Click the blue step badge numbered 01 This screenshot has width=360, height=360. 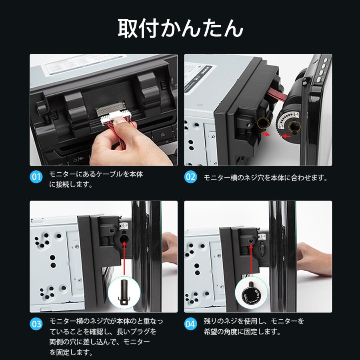pyautogui.click(x=36, y=177)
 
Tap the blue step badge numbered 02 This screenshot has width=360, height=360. pyautogui.click(x=190, y=177)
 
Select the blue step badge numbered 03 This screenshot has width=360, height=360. pyautogui.click(x=36, y=324)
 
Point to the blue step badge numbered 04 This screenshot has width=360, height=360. pyautogui.click(x=190, y=324)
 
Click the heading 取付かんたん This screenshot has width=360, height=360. pyautogui.click(x=180, y=28)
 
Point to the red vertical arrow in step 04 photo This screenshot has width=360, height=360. pyautogui.click(x=251, y=259)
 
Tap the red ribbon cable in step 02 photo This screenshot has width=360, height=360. pyautogui.click(x=277, y=94)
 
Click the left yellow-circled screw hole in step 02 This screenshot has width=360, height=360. pyautogui.click(x=263, y=124)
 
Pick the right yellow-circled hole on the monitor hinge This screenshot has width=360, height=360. pyautogui.click(x=294, y=126)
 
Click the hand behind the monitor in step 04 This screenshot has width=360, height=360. pyautogui.click(x=314, y=258)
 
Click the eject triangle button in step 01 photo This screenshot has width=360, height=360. pyautogui.click(x=162, y=134)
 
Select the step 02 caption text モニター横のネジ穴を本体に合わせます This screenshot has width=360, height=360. pyautogui.click(x=266, y=178)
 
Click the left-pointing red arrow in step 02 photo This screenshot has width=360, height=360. pyautogui.click(x=286, y=136)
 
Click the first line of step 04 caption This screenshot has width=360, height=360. pyautogui.click(x=254, y=321)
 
